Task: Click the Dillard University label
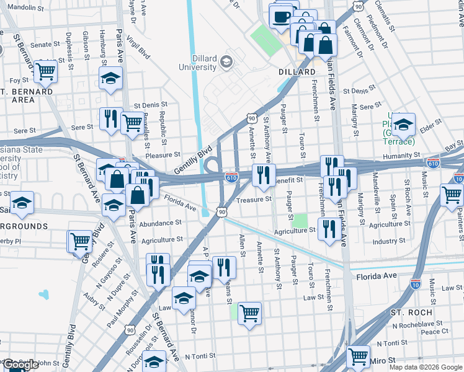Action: tap(198, 63)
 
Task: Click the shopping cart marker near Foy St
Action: tap(46, 72)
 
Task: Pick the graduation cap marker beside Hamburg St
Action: tap(111, 78)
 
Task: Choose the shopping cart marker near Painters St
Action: tap(452, 195)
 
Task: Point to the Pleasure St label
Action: tap(163, 155)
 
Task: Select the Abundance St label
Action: tap(160, 223)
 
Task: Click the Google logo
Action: tap(20, 365)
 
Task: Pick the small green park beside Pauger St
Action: tap(300, 220)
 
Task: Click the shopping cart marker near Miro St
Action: tap(359, 356)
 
